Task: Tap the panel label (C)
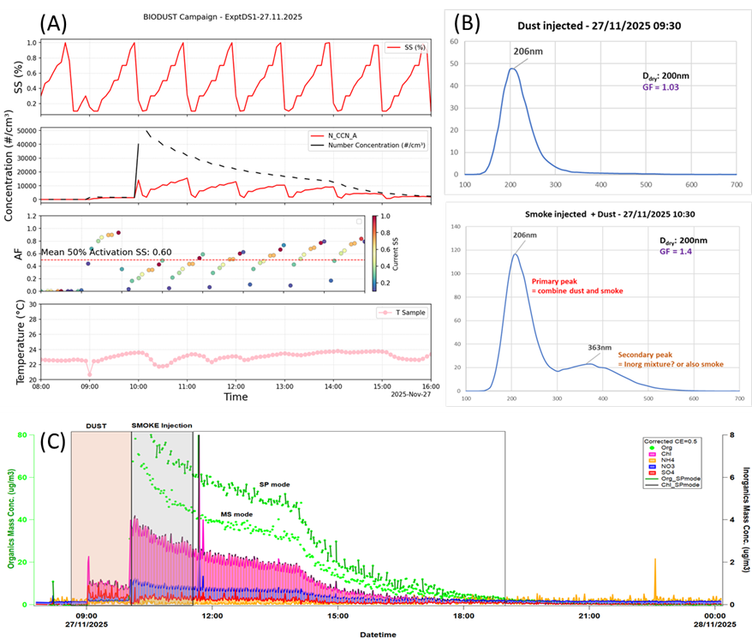pyautogui.click(x=55, y=443)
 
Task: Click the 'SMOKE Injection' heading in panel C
pyautogui.click(x=162, y=425)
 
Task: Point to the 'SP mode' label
pyautogui.click(x=272, y=485)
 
